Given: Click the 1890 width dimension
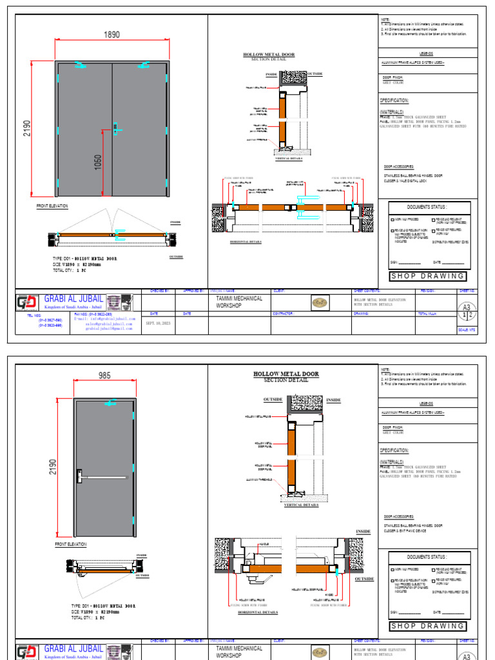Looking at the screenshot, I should tap(112, 35).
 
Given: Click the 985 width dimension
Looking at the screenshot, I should tap(105, 375).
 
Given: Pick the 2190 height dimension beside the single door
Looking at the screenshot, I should tap(52, 467).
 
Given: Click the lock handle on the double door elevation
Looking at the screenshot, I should tap(115, 129).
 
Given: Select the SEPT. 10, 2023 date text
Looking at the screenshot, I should tap(159, 322).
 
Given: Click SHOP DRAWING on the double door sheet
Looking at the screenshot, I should tap(428, 276).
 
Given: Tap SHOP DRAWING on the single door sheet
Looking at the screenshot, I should tap(428, 626).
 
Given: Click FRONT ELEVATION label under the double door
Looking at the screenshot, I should tap(52, 206).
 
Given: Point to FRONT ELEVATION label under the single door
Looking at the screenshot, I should tap(70, 545).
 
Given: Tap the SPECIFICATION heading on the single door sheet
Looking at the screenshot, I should tap(394, 451).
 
